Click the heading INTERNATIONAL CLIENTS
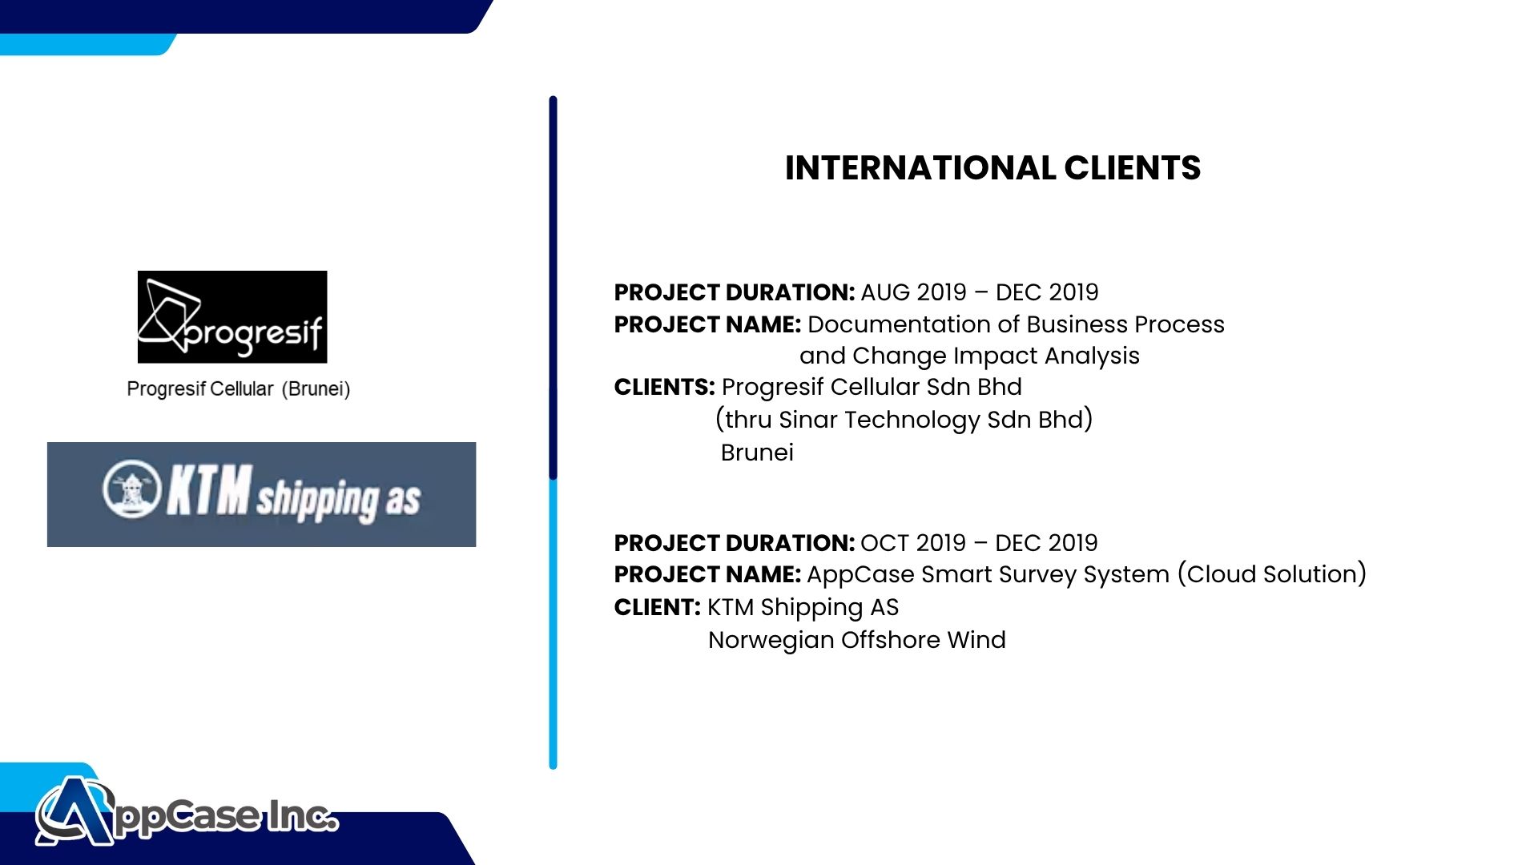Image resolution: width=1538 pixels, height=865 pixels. [x=992, y=168]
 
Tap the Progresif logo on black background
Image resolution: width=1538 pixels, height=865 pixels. [x=232, y=317]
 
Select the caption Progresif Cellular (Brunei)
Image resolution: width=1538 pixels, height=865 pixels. [x=239, y=389]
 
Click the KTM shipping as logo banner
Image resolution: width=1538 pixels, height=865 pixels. [x=261, y=494]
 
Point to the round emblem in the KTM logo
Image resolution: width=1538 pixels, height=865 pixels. [x=132, y=489]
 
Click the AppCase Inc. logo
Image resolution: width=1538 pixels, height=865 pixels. [x=187, y=811]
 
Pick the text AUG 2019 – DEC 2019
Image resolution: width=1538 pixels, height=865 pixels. [x=980, y=292]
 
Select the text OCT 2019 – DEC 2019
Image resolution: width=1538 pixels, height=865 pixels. [x=979, y=543]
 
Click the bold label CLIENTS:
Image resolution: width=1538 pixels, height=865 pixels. [x=664, y=387]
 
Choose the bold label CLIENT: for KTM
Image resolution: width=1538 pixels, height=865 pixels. [x=657, y=607]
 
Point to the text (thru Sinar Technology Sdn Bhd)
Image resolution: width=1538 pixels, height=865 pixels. [x=904, y=420]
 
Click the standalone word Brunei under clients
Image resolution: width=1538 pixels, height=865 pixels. [x=757, y=453]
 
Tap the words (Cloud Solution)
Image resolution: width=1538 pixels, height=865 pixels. [x=1272, y=574]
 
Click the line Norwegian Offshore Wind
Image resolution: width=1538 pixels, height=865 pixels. [x=857, y=640]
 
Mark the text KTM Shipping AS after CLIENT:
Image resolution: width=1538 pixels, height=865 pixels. [x=803, y=608]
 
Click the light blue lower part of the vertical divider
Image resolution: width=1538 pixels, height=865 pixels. [x=553, y=623]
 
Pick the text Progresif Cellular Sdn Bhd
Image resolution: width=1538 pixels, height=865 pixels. [x=872, y=387]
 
